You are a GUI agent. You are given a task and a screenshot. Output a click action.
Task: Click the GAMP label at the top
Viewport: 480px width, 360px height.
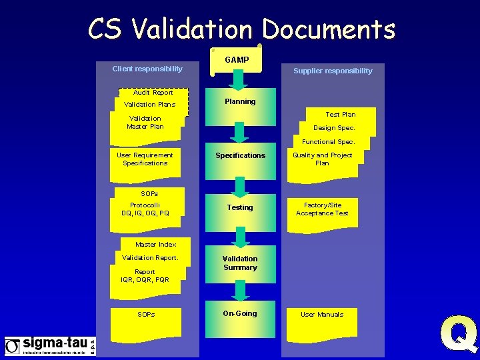click(237, 60)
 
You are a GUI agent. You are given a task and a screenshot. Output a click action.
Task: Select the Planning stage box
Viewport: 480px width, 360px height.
click(240, 107)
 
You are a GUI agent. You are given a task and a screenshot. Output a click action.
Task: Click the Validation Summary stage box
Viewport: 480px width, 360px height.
click(240, 264)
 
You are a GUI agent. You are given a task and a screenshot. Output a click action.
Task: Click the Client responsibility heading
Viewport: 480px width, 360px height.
click(147, 69)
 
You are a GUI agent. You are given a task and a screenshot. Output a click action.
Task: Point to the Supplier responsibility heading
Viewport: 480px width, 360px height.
click(333, 71)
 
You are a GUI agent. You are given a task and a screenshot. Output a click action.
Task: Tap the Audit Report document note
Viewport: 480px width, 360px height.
click(153, 93)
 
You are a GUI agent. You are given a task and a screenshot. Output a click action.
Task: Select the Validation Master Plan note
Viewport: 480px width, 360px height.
click(145, 123)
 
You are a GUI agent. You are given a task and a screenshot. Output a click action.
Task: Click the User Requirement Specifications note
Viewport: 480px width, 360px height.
click(145, 159)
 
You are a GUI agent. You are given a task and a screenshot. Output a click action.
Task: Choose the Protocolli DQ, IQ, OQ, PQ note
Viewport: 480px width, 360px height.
click(145, 209)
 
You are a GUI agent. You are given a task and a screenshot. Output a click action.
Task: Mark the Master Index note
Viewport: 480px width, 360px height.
click(156, 245)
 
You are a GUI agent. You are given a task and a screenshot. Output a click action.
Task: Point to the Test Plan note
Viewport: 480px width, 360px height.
click(341, 115)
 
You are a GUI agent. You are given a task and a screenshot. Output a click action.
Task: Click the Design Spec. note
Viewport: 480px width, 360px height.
click(334, 127)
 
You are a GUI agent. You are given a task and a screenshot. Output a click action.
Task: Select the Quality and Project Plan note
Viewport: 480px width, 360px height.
click(323, 159)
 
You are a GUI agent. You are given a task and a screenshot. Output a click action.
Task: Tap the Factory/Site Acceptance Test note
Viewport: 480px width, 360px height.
click(323, 209)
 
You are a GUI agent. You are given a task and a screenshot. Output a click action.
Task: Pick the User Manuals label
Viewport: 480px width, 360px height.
click(322, 315)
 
